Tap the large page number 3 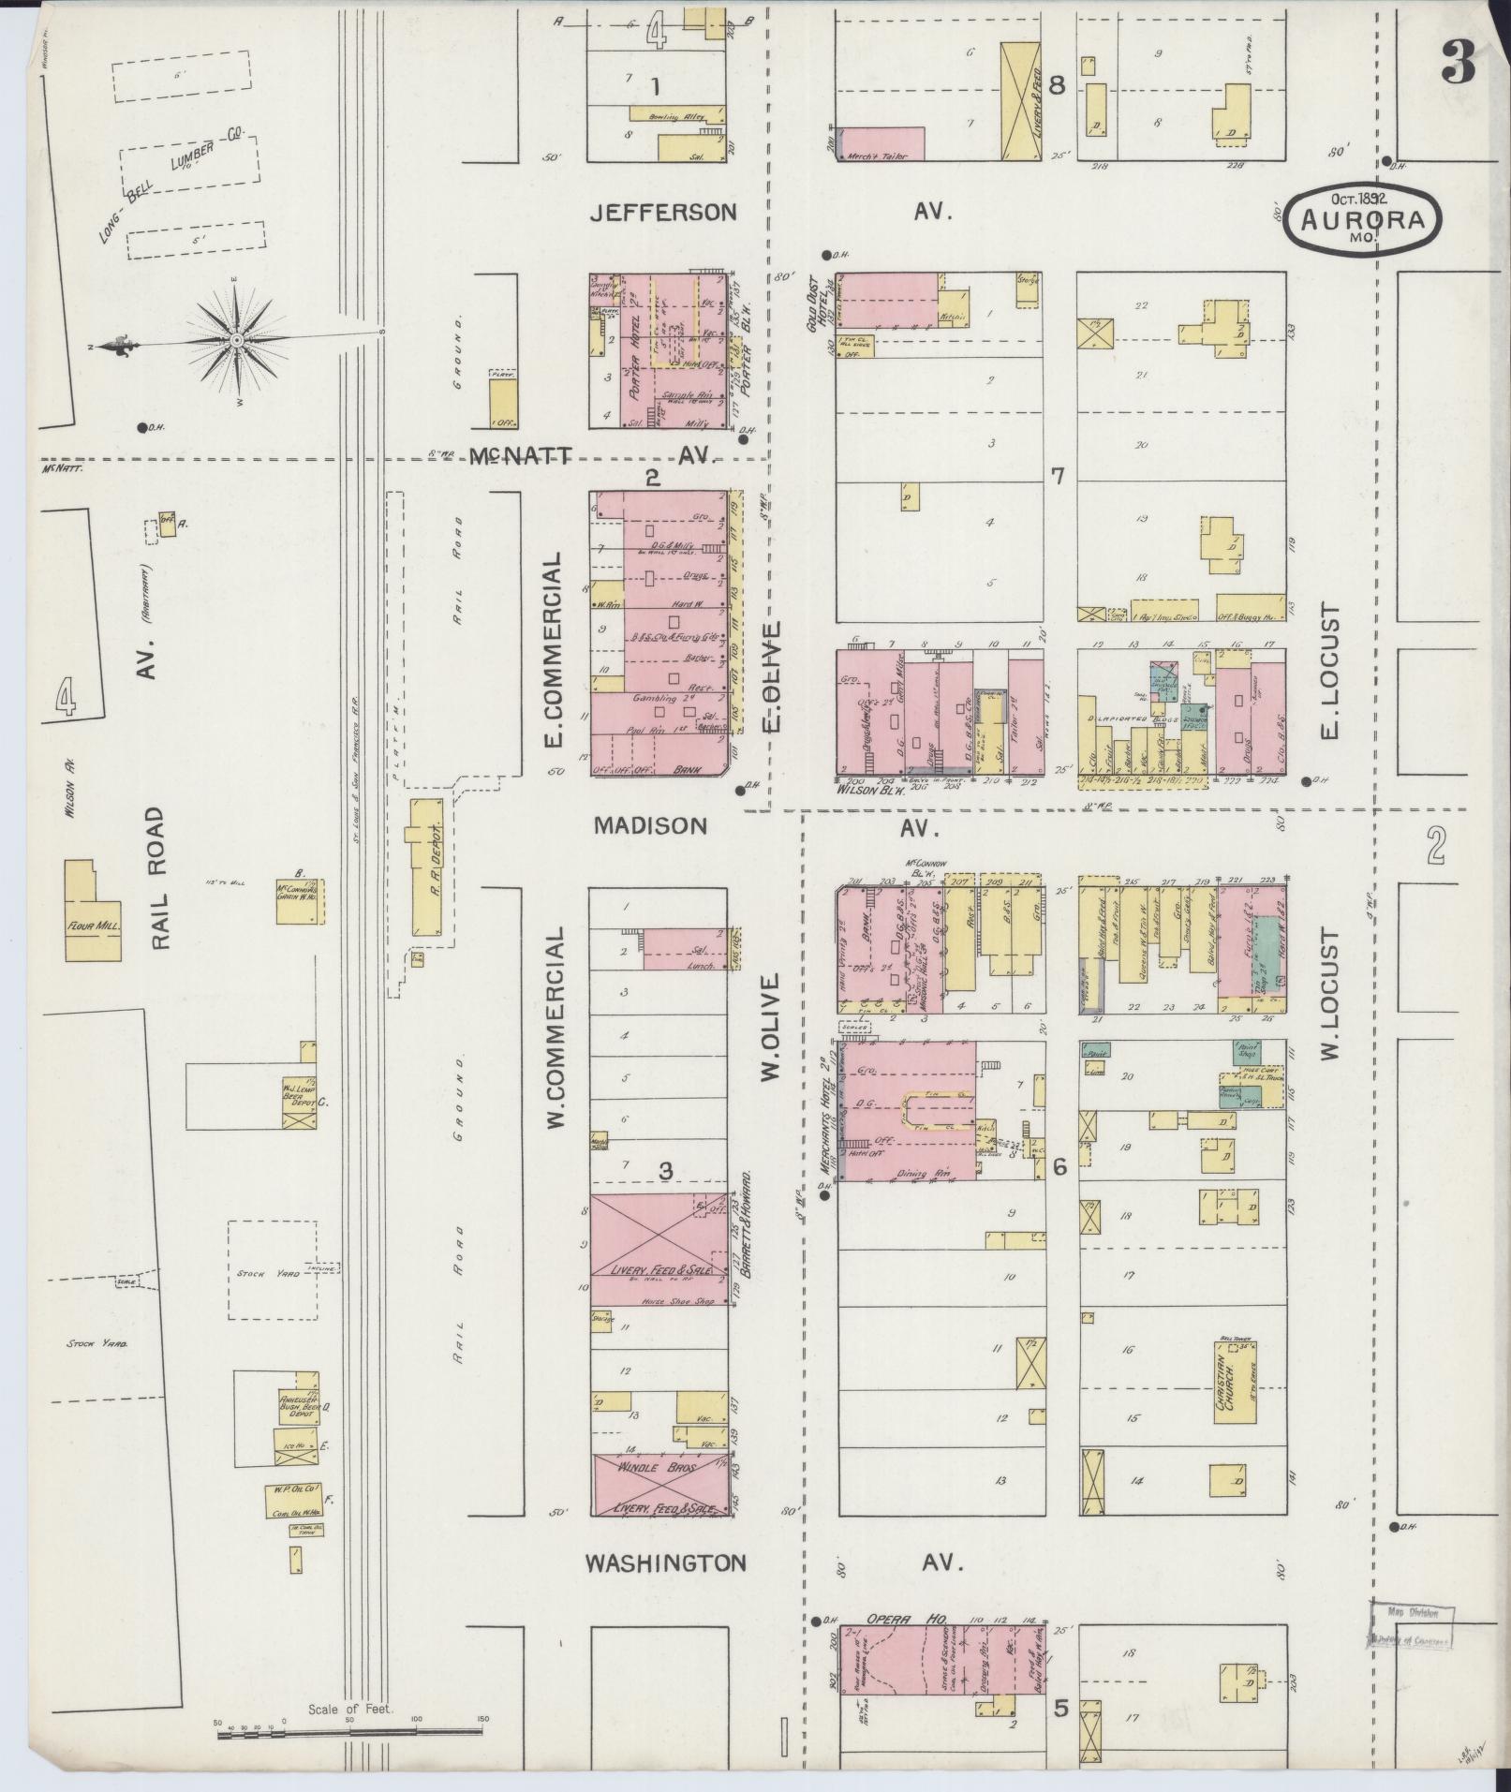pos(1458,65)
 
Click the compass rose pos(238,340)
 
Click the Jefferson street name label pos(663,213)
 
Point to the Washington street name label pos(665,1563)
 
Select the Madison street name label pos(650,826)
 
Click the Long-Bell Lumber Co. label pos(173,185)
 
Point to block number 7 pos(1058,476)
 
